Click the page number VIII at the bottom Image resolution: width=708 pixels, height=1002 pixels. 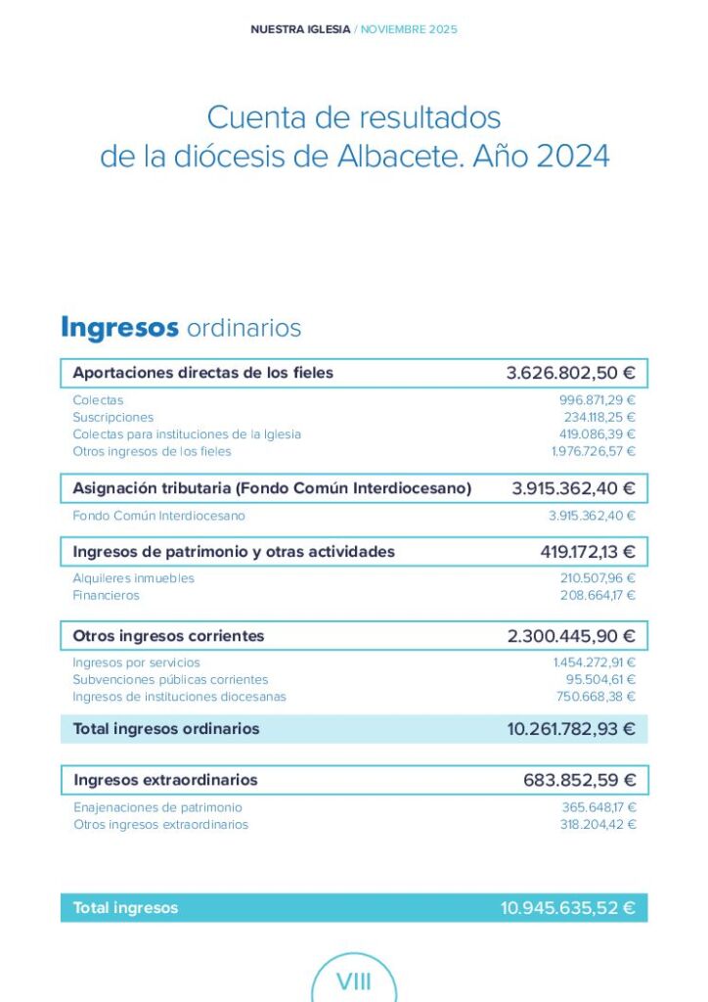353,981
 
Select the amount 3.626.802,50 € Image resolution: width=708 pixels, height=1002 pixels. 570,373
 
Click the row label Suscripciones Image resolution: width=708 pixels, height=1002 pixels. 112,417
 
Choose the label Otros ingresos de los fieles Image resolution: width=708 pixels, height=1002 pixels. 152,451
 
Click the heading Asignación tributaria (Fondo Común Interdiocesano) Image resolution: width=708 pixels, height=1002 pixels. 272,487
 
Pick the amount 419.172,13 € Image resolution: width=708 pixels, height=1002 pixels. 587,552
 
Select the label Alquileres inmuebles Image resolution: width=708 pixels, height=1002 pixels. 133,578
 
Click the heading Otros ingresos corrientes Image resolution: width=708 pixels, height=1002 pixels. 168,636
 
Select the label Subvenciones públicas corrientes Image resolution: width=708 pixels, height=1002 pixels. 170,679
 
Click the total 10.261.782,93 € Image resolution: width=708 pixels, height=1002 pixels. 570,729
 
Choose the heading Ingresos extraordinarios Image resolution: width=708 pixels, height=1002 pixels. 165,780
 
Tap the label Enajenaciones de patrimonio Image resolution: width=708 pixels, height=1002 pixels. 157,807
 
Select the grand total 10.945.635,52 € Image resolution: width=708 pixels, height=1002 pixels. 567,908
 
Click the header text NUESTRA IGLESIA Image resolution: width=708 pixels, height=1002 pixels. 299,29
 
